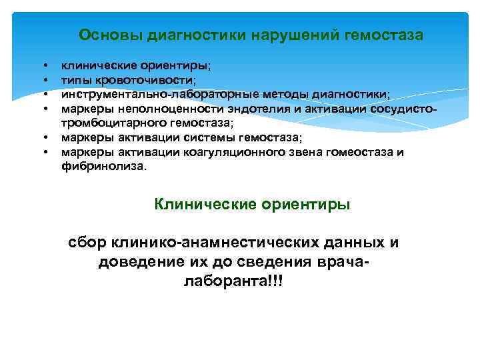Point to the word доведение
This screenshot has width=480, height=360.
(137, 262)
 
